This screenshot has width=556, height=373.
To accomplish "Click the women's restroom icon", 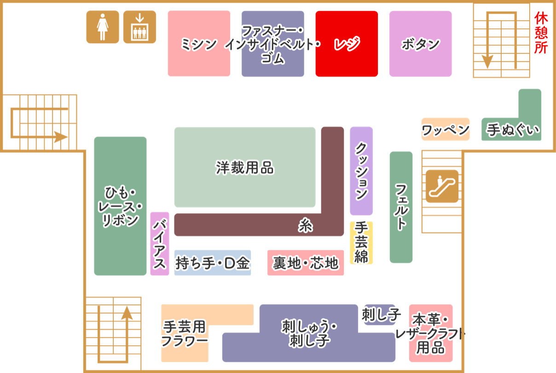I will click(102, 27).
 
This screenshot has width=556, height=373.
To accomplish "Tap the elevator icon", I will click(139, 27).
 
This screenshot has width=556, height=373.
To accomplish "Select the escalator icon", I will click(442, 186).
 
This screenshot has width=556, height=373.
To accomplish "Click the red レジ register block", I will click(347, 44).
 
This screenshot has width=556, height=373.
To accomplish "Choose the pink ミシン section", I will click(199, 44).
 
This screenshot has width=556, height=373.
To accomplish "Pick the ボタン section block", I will click(420, 44).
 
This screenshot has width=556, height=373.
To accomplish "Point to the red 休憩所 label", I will click(541, 34).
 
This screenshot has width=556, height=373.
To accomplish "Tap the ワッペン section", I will click(445, 129).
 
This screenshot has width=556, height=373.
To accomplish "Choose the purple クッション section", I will click(361, 171).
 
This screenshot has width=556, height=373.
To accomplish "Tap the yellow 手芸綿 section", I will click(361, 243).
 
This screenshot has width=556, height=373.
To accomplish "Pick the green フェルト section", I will click(401, 207).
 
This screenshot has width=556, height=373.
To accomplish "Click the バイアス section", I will click(159, 244).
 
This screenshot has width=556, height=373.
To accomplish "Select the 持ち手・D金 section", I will click(213, 263).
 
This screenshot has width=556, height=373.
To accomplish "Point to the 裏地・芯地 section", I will click(305, 263).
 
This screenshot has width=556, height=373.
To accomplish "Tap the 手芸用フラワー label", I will click(185, 334).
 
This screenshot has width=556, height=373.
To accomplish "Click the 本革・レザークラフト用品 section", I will click(431, 334).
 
